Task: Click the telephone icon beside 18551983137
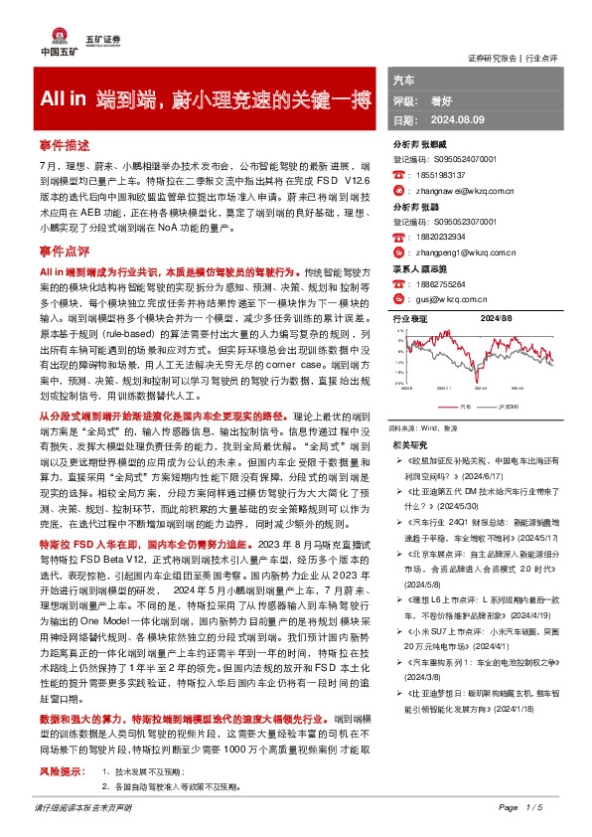[x=400, y=174]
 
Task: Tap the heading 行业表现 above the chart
[x=410, y=319]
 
